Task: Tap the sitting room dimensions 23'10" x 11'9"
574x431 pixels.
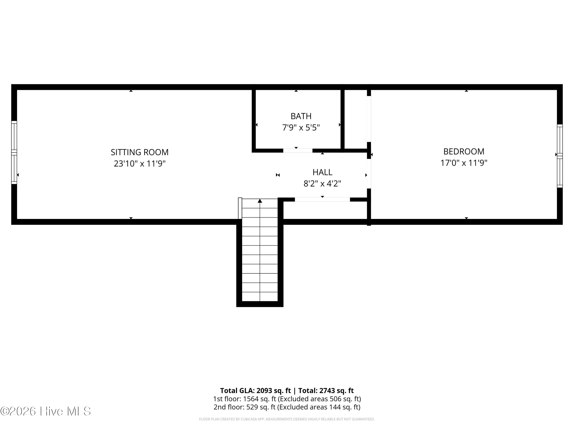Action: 140,164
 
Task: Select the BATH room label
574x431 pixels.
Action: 301,116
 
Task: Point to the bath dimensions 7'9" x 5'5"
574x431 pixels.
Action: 301,128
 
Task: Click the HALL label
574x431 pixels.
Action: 322,172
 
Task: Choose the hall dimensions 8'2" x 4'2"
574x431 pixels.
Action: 322,184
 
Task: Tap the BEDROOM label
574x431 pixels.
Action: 464,152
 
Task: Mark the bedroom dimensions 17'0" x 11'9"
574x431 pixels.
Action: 464,163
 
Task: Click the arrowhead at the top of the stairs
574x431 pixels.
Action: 260,201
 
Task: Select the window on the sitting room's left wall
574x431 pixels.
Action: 14,152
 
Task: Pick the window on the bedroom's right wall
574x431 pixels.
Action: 560,156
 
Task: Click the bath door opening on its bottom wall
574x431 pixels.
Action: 298,150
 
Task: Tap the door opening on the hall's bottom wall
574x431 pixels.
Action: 322,200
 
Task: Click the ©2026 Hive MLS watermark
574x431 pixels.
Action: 46,411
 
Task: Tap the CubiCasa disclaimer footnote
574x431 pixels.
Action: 287,419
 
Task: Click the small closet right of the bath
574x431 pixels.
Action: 356,119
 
